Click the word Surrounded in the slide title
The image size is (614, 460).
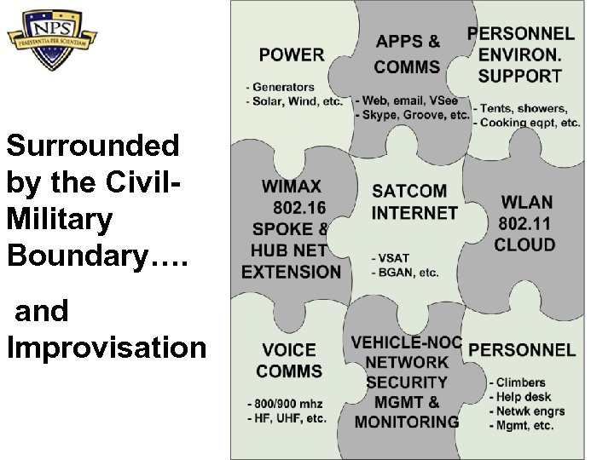click(93, 146)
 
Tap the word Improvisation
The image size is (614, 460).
click(106, 348)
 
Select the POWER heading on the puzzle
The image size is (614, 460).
click(292, 55)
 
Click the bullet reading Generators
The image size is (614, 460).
click(283, 87)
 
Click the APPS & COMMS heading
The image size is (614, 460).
click(408, 54)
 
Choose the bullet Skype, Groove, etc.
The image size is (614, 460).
click(415, 115)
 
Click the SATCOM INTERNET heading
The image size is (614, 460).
click(415, 201)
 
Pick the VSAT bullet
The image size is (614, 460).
click(391, 258)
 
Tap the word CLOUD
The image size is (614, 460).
click(525, 245)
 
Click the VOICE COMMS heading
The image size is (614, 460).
click(289, 360)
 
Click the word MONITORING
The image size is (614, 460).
click(407, 422)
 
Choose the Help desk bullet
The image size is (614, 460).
click(524, 397)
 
